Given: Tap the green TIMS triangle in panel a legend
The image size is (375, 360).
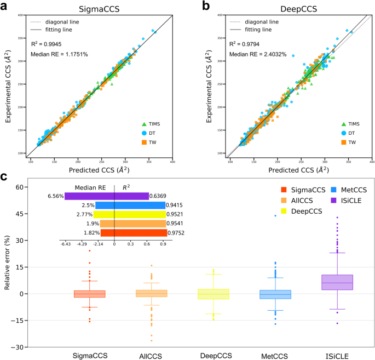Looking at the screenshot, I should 145,124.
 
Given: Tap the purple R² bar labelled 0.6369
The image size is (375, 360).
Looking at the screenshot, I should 131,196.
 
